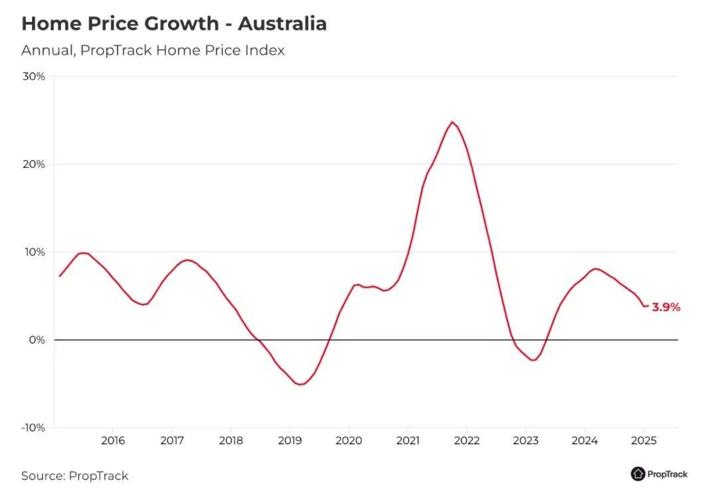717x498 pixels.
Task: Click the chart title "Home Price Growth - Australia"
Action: click(174, 24)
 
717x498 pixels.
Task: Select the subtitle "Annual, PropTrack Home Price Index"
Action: click(153, 50)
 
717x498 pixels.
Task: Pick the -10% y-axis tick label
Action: click(33, 428)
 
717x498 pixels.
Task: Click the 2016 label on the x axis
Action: click(113, 440)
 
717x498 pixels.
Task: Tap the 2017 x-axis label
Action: click(172, 440)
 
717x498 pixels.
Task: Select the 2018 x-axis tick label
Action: click(231, 440)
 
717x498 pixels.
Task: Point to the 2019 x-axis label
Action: click(289, 440)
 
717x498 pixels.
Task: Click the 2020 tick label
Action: click(349, 440)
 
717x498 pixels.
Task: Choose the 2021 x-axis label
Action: click(408, 440)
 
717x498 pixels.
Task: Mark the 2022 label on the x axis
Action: click(467, 440)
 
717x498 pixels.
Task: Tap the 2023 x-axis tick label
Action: click(526, 440)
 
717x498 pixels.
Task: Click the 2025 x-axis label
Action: click(643, 440)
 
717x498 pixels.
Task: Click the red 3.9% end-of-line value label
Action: click(666, 307)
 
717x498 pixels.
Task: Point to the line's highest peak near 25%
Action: click(452, 122)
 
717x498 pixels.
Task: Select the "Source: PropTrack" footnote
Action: click(74, 475)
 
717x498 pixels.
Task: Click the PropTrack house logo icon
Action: click(638, 473)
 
